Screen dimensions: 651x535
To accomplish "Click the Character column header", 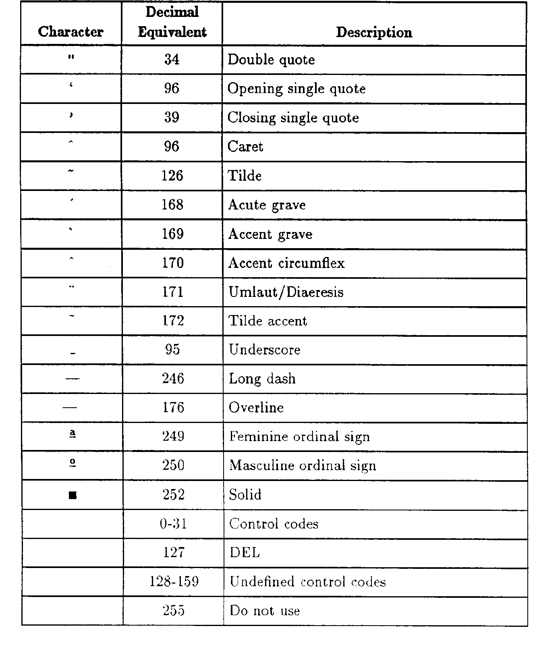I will tap(71, 32).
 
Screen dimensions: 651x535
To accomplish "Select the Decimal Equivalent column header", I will tap(172, 22).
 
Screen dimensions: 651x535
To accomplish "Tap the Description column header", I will tap(374, 32).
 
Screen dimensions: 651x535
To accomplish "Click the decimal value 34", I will tap(172, 60).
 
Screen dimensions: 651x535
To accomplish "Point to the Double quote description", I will tap(271, 60).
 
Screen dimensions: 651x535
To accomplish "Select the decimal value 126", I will tap(172, 176).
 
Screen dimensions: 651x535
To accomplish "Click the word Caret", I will tap(245, 147).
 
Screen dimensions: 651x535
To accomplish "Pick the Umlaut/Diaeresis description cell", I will tap(286, 292).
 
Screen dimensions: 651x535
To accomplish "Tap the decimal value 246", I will tap(173, 379).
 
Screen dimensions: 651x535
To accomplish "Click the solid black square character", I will tap(73, 495).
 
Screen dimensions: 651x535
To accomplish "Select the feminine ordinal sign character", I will tap(73, 434).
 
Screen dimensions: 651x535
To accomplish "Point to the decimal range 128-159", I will tap(174, 582).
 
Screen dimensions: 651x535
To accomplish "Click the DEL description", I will tap(245, 552).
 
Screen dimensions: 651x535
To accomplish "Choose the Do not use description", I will tap(265, 611).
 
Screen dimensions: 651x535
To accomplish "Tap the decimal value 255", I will tap(174, 611).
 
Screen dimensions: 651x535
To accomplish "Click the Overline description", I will tap(256, 408).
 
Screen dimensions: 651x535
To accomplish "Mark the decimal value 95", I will tap(172, 349).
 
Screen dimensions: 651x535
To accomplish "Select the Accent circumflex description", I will tap(286, 263).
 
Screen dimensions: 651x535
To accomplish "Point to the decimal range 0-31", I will tap(173, 524).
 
